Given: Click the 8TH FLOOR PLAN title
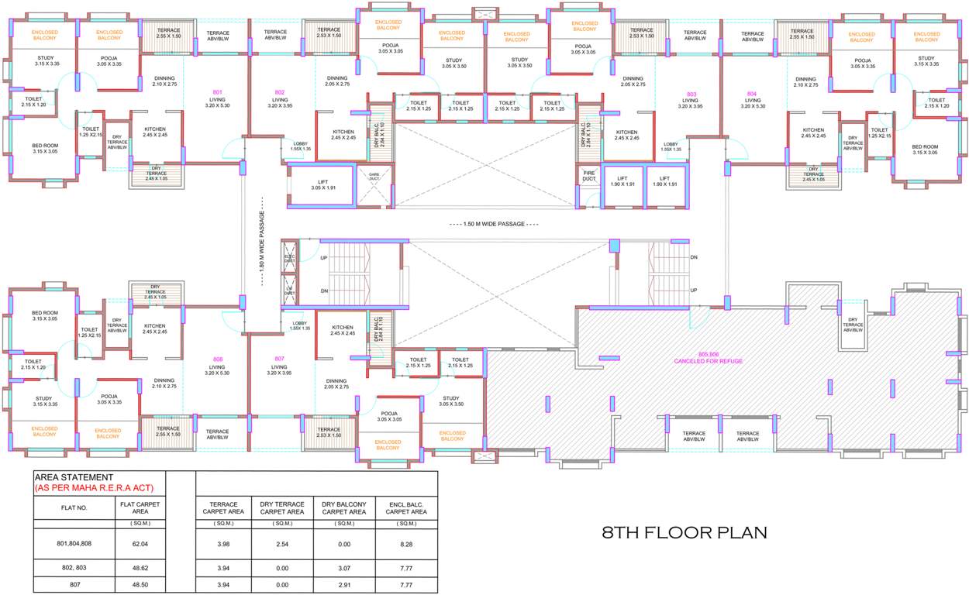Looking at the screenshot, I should click(685, 532).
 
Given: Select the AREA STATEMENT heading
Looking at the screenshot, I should click(75, 477).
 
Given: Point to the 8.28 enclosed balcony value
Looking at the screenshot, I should click(405, 545).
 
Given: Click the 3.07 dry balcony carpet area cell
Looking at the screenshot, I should click(343, 567).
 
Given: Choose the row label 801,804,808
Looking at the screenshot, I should click(74, 545).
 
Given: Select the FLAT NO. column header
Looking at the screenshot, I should click(74, 507).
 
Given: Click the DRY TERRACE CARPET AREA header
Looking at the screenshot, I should click(282, 507).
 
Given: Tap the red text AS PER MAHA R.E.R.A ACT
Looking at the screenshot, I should click(95, 487).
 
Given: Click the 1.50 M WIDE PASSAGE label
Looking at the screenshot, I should click(494, 223).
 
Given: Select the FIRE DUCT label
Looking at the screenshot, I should click(589, 176).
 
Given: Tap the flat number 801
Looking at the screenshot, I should click(217, 92).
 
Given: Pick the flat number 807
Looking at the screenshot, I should click(280, 358).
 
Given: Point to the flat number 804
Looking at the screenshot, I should click(752, 92).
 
